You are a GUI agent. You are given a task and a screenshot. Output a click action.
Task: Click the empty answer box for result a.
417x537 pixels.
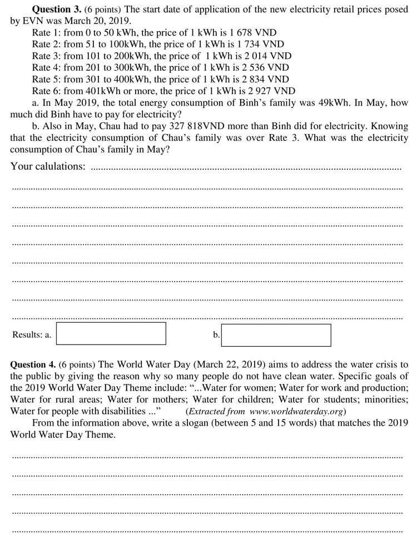[111, 333]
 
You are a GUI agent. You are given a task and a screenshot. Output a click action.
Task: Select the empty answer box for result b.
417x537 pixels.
[276, 335]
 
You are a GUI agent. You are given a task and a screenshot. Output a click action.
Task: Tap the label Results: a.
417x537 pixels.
[32, 335]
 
